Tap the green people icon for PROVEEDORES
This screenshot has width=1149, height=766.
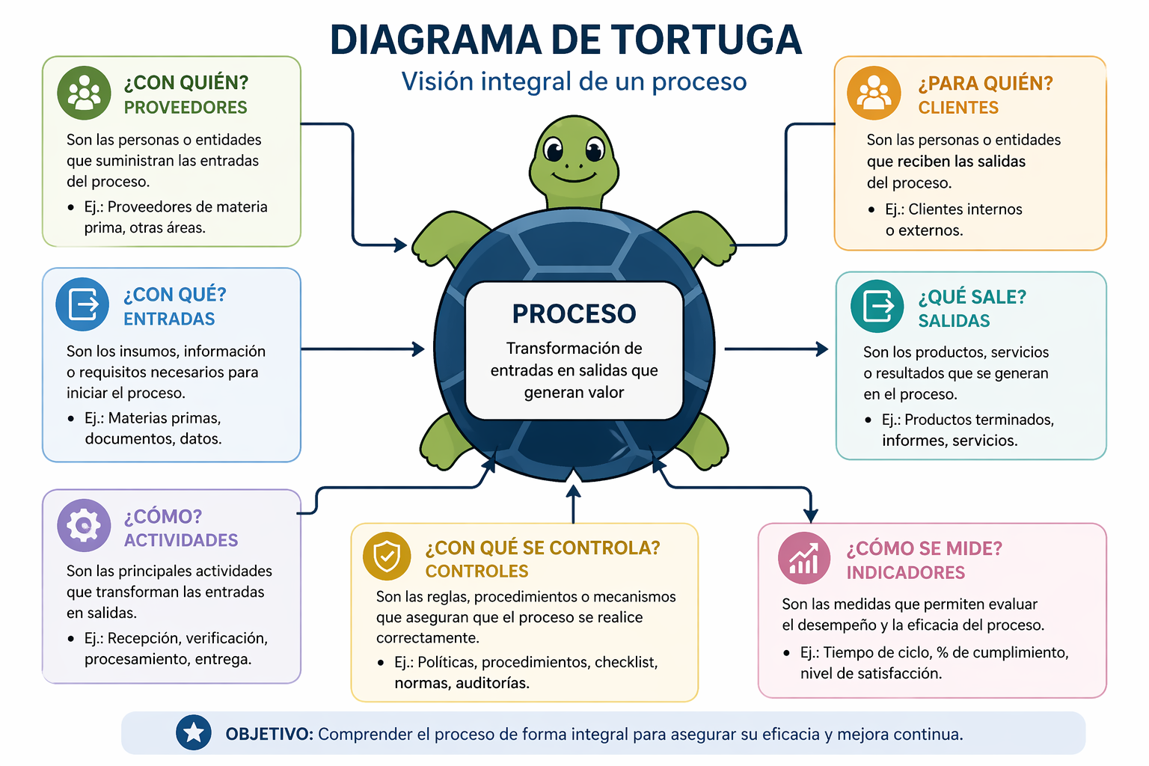tap(84, 93)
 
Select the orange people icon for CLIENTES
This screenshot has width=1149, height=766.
tap(874, 93)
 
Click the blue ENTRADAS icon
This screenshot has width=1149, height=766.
tap(82, 304)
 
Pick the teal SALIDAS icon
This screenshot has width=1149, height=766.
tap(877, 306)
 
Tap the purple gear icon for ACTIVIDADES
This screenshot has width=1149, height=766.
tap(84, 525)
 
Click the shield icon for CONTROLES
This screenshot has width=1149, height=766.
tap(387, 556)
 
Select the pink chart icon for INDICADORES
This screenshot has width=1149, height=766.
tap(804, 558)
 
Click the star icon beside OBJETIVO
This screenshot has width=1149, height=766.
tap(194, 732)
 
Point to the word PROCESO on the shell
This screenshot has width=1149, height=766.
tap(574, 314)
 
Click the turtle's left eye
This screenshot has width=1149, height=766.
tap(554, 151)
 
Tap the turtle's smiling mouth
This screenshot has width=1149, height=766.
tap(574, 177)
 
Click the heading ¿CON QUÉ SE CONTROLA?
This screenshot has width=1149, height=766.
tap(542, 548)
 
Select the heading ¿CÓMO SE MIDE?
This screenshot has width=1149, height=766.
tap(924, 548)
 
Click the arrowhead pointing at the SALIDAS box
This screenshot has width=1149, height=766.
tap(822, 349)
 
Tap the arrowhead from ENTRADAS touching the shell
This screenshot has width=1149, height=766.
tap(419, 349)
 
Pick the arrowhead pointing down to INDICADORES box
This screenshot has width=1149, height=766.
tap(810, 515)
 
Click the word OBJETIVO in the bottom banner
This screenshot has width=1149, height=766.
tap(269, 734)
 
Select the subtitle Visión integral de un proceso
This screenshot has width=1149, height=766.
tap(574, 82)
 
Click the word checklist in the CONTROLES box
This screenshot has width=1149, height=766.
tap(626, 662)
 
